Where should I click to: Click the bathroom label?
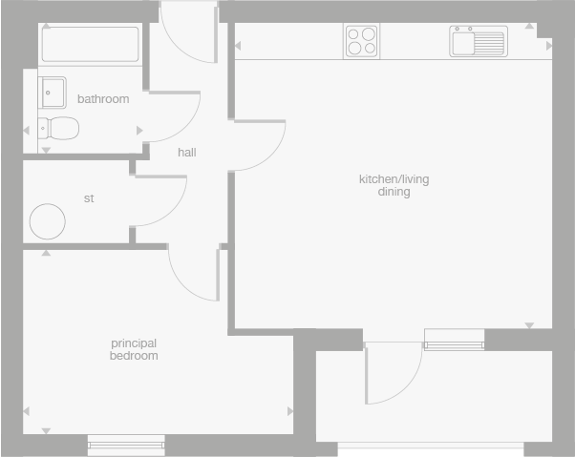(x=103, y=99)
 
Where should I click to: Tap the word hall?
(x=187, y=152)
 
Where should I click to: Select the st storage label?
(x=90, y=198)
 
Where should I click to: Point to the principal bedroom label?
(x=134, y=349)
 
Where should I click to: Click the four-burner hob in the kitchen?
(x=362, y=41)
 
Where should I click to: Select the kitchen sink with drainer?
(x=478, y=42)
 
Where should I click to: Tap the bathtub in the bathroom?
(x=90, y=43)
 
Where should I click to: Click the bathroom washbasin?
(x=52, y=93)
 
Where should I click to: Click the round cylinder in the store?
(x=48, y=221)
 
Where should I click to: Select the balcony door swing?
(x=392, y=373)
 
